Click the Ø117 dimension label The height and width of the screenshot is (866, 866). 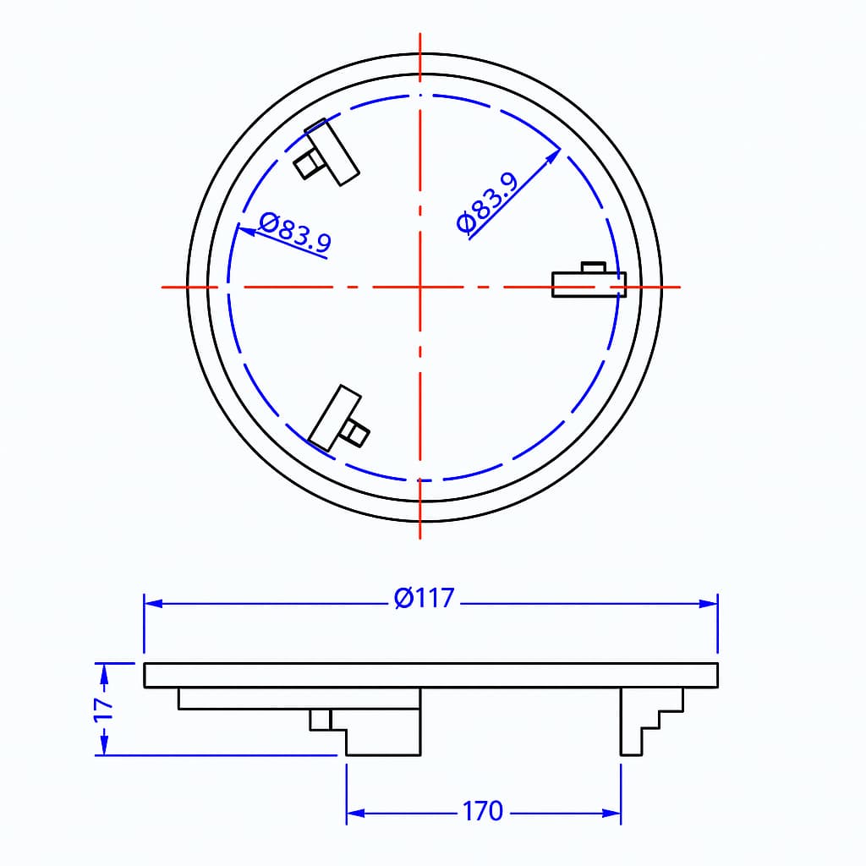425,599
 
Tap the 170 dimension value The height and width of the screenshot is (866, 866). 482,812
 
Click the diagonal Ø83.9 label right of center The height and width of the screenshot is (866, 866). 486,203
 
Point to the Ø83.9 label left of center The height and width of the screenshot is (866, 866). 295,233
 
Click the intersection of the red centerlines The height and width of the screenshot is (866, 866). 420,287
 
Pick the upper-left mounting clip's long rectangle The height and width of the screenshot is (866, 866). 333,152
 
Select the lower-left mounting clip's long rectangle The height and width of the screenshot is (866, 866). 335,418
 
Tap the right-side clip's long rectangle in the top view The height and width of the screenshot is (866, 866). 589,285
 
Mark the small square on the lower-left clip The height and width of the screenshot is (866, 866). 355,433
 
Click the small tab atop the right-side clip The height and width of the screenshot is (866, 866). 593,267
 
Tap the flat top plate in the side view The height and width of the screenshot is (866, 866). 430,675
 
